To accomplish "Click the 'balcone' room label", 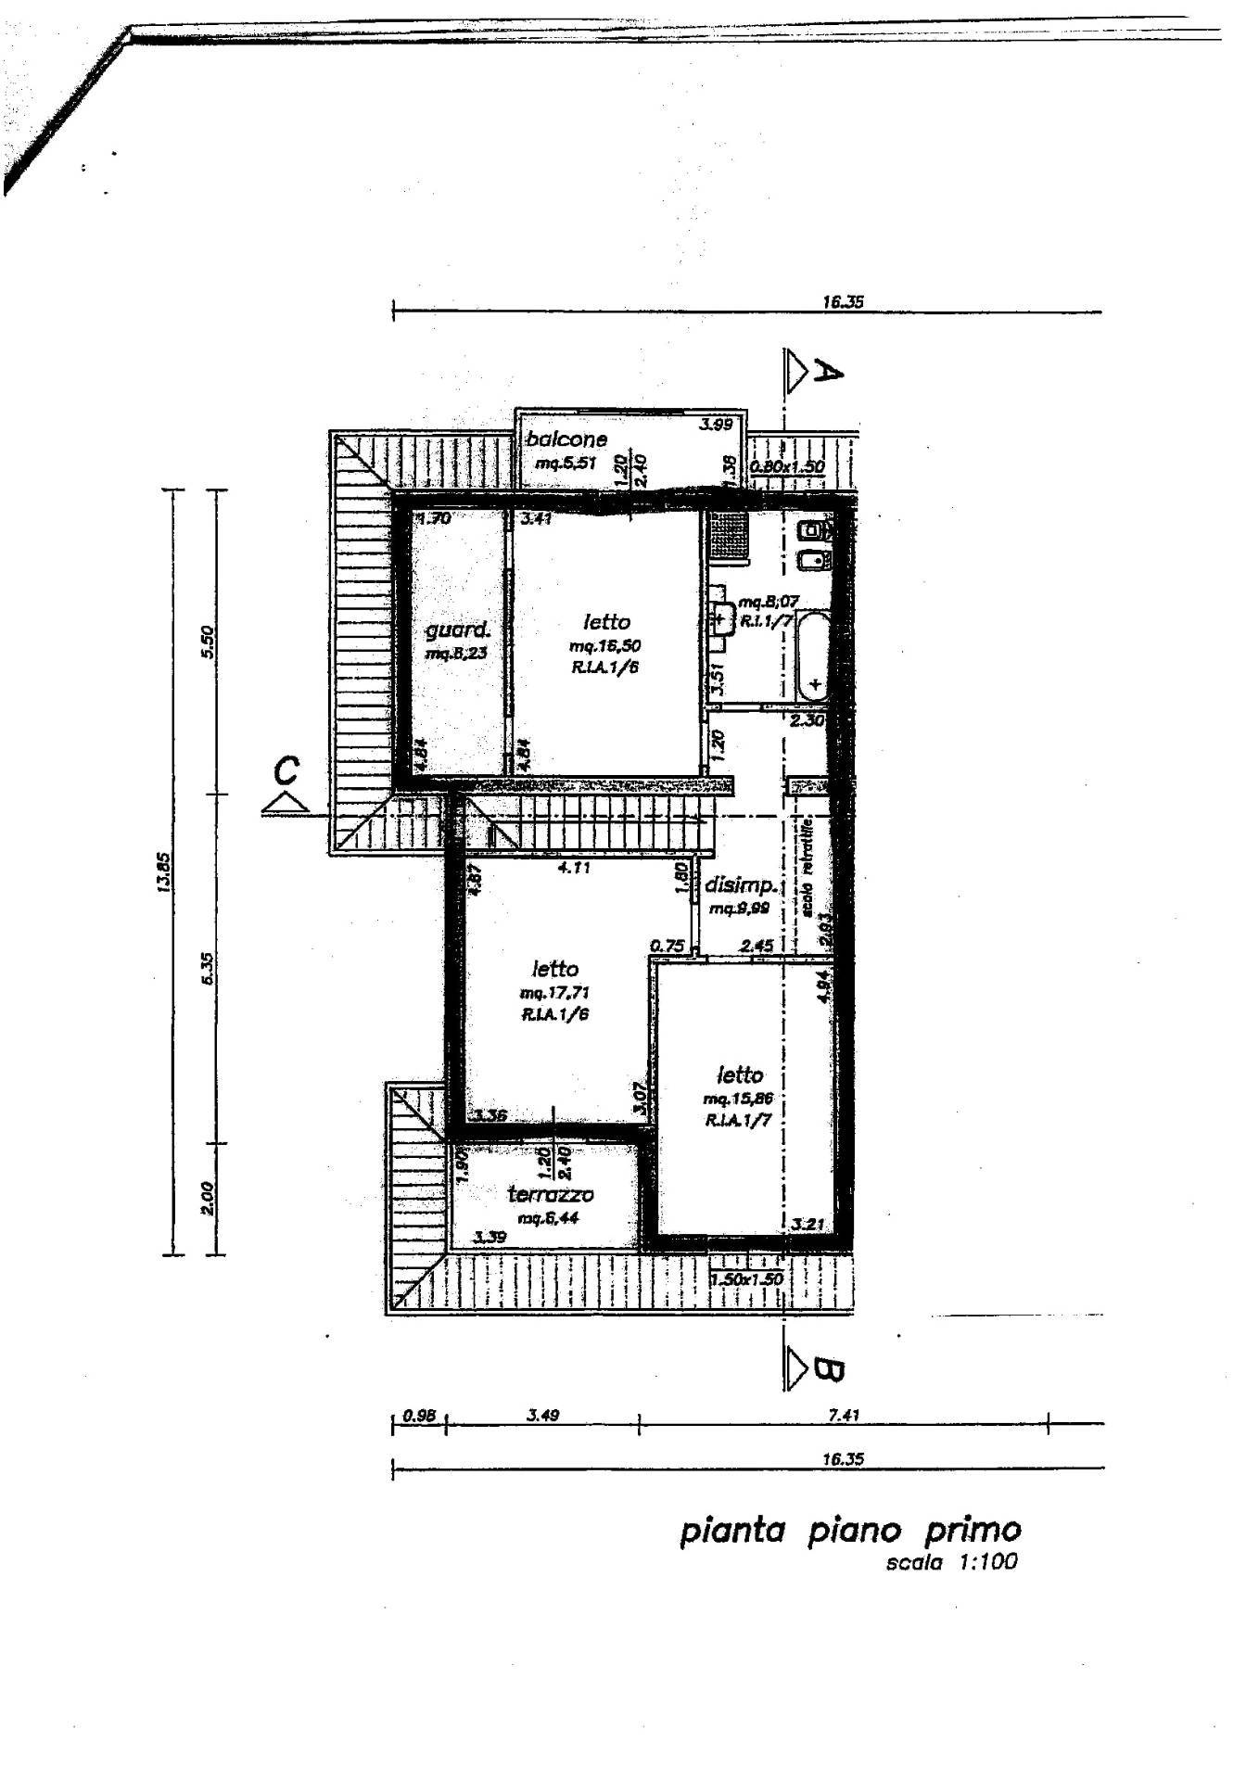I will coord(566,439).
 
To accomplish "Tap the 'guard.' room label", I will coord(457,631).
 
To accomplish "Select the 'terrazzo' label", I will coord(550,1195).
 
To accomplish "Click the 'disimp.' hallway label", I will coord(739,885).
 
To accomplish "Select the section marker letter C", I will coord(287,769).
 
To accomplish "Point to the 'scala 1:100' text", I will coord(951,1562).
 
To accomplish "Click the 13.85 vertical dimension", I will coord(164,872).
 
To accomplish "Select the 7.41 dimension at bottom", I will coord(844,1416).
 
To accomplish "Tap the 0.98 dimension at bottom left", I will coord(419,1417).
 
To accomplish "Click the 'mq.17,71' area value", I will coord(555,993).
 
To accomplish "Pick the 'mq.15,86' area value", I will coord(738,1100).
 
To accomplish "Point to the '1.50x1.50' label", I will coord(747,1279).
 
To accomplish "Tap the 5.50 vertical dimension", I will coord(208,642).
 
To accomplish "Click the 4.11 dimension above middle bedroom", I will coord(573,869).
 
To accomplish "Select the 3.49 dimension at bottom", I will coord(542,1416).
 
